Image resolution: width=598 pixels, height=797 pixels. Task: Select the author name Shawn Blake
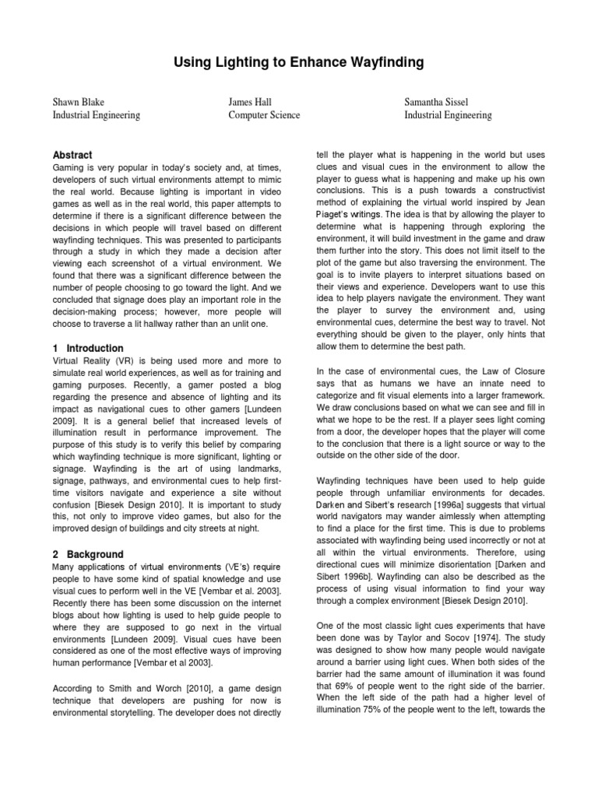(78, 102)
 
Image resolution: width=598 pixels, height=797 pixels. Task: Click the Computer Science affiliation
(263, 115)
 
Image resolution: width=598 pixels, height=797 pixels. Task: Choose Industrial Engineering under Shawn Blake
(96, 115)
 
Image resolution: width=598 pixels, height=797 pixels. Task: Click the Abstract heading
(72, 155)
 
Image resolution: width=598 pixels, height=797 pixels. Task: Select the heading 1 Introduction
(87, 348)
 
